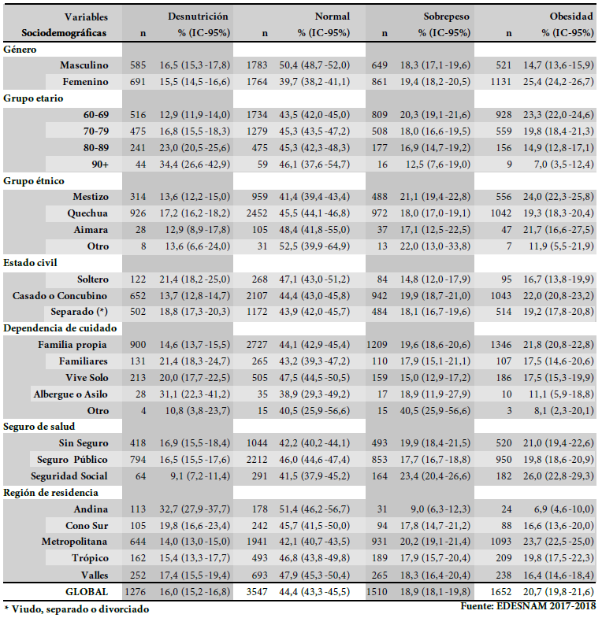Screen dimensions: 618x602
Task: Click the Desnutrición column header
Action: [x=198, y=16]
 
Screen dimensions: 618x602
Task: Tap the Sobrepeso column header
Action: [x=448, y=16]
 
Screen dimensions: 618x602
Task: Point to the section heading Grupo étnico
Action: [x=34, y=180]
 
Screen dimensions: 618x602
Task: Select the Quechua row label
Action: [x=87, y=213]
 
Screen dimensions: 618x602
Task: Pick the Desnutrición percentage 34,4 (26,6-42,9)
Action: [x=198, y=164]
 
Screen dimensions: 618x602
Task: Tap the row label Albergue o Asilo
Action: [x=71, y=394]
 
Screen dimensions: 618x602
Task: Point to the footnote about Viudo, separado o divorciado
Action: [x=76, y=609]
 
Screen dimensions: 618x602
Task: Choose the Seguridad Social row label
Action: [x=70, y=476]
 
